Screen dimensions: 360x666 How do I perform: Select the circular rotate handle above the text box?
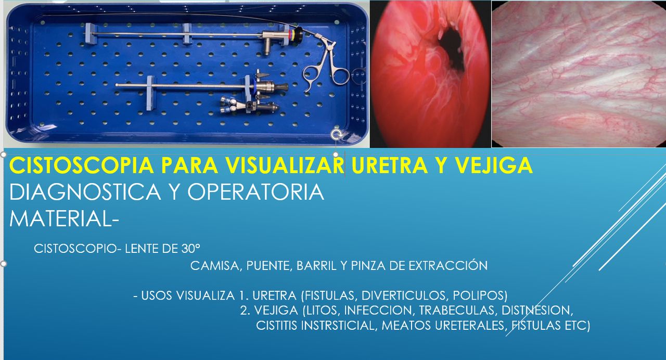click(x=337, y=136)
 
